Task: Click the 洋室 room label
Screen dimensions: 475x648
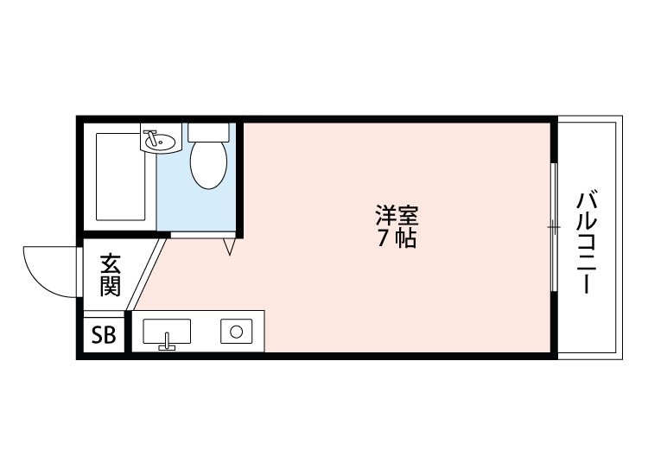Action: pos(397,213)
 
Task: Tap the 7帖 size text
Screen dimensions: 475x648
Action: pos(397,239)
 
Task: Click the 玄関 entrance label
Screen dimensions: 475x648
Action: pos(109,275)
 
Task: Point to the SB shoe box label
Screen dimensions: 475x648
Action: pos(104,336)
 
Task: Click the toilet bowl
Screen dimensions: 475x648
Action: pos(208,164)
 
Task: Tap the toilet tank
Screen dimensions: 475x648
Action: pos(209,132)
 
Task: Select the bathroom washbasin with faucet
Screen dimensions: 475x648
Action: pos(161,138)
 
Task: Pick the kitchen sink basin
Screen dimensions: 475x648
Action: pos(167,331)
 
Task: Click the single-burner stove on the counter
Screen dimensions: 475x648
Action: pos(236,331)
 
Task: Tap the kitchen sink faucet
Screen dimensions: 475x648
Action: pos(166,347)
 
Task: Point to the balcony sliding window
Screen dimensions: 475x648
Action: pos(553,227)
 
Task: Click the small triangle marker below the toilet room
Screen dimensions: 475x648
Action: pos(229,247)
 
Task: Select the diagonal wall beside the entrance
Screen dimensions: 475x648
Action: pos(147,275)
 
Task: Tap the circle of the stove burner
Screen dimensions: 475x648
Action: pos(236,331)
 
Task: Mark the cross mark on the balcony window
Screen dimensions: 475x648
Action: pos(553,227)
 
